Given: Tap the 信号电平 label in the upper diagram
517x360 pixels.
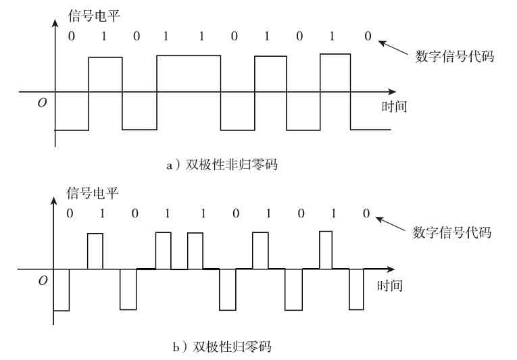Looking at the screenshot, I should pos(94,13).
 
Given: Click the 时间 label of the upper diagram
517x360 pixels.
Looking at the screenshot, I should pos(394,106).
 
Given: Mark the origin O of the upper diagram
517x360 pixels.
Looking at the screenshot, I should pos(43,103).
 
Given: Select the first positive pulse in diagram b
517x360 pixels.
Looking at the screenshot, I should pos(95,251).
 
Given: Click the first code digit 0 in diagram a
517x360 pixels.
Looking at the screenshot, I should pos(71,36).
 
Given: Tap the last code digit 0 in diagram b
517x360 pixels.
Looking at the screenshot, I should pos(366,214).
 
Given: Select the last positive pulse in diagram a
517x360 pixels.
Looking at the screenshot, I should pos(335,72).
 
